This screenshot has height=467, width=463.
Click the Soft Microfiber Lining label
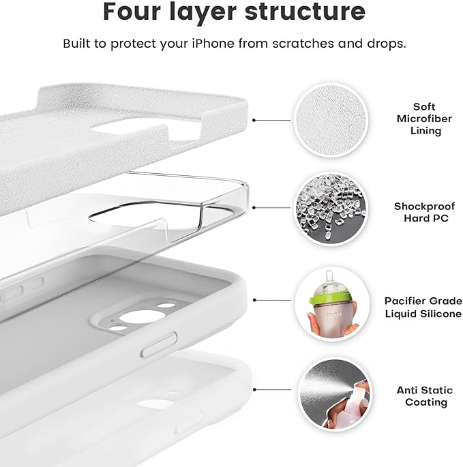[x=424, y=119]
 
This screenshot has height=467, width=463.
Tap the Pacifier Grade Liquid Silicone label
[x=423, y=307]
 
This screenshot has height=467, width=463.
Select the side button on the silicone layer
[x=158, y=343]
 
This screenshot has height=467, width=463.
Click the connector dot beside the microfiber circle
[x=254, y=120]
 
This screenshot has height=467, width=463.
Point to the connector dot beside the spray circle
[x=254, y=390]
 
